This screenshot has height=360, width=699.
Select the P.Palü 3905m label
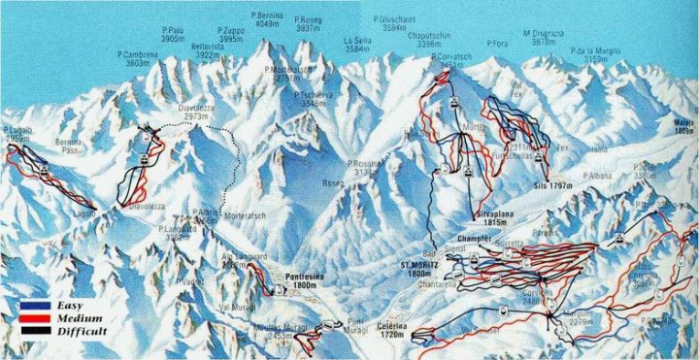[x=173, y=35]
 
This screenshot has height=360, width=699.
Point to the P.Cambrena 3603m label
[x=137, y=58]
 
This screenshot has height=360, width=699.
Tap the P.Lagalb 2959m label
[x=19, y=134]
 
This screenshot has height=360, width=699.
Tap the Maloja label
[x=684, y=126]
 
